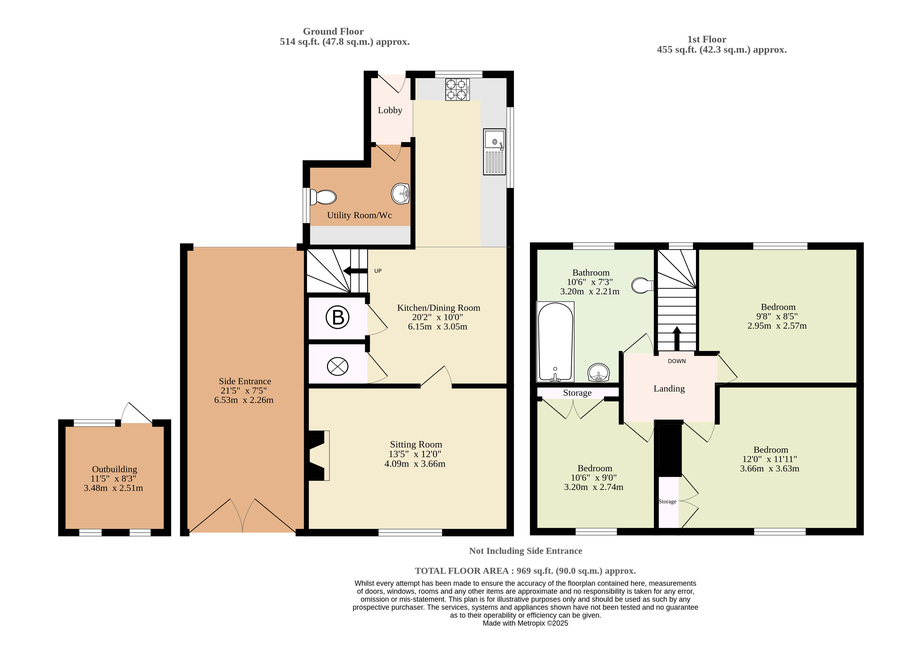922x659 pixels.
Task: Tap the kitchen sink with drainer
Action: [494, 152]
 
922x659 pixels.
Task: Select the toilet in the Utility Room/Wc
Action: [323, 197]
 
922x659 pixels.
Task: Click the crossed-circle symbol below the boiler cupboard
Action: [338, 366]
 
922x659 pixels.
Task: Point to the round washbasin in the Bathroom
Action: [598, 372]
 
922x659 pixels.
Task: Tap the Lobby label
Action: [390, 110]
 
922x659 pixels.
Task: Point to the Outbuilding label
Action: [114, 470]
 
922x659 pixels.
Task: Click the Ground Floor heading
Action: [333, 32]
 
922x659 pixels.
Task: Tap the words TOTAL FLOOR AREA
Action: [462, 571]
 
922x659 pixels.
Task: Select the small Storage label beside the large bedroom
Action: [667, 502]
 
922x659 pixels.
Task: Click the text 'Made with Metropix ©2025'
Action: [525, 623]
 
